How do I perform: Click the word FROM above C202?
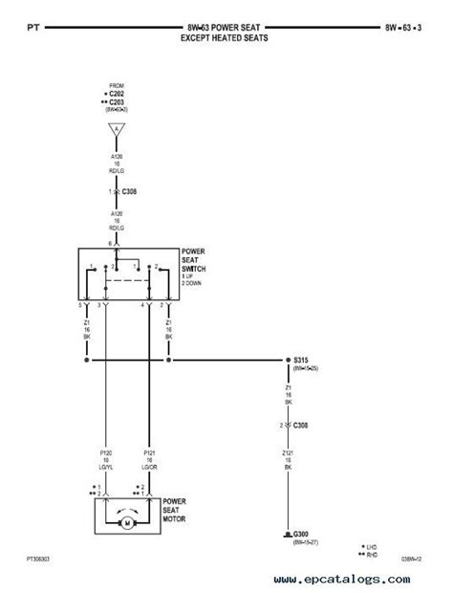click(x=118, y=83)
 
